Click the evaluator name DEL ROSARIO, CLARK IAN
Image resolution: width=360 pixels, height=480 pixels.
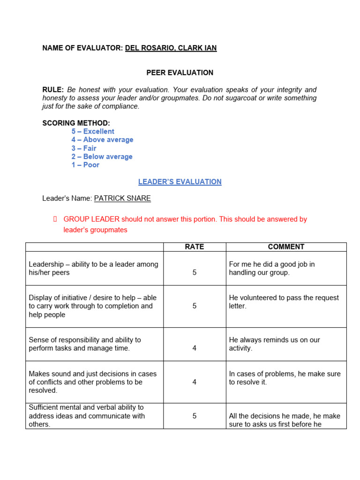pyautogui.click(x=171, y=48)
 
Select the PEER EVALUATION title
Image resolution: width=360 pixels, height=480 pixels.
pyautogui.click(x=180, y=73)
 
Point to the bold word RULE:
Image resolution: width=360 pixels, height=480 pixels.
pyautogui.click(x=53, y=90)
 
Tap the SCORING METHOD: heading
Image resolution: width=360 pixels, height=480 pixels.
pyautogui.click(x=76, y=123)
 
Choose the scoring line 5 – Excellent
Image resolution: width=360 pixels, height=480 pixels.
pyautogui.click(x=93, y=132)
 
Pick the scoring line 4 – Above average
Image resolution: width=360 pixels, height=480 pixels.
pyautogui.click(x=102, y=140)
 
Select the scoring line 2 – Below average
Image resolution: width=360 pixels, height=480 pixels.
pyautogui.click(x=102, y=157)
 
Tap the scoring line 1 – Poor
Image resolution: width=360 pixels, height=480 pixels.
pyautogui.click(x=85, y=165)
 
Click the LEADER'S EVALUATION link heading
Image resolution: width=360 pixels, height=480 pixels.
pyautogui.click(x=180, y=182)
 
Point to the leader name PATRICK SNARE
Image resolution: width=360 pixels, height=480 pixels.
pyautogui.click(x=122, y=198)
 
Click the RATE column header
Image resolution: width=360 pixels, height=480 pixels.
pyautogui.click(x=195, y=247)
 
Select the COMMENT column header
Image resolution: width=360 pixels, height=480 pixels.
pyautogui.click(x=286, y=247)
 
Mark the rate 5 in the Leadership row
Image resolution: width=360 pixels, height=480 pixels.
pyautogui.click(x=195, y=272)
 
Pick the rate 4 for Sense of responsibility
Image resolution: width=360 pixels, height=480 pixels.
pyautogui.click(x=195, y=348)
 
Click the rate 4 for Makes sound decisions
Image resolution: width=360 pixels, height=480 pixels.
pyautogui.click(x=195, y=382)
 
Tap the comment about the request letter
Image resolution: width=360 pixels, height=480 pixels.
pyautogui.click(x=284, y=302)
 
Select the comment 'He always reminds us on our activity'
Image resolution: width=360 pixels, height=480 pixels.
pyautogui.click(x=274, y=344)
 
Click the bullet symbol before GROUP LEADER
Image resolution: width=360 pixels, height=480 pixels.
pyautogui.click(x=55, y=219)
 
